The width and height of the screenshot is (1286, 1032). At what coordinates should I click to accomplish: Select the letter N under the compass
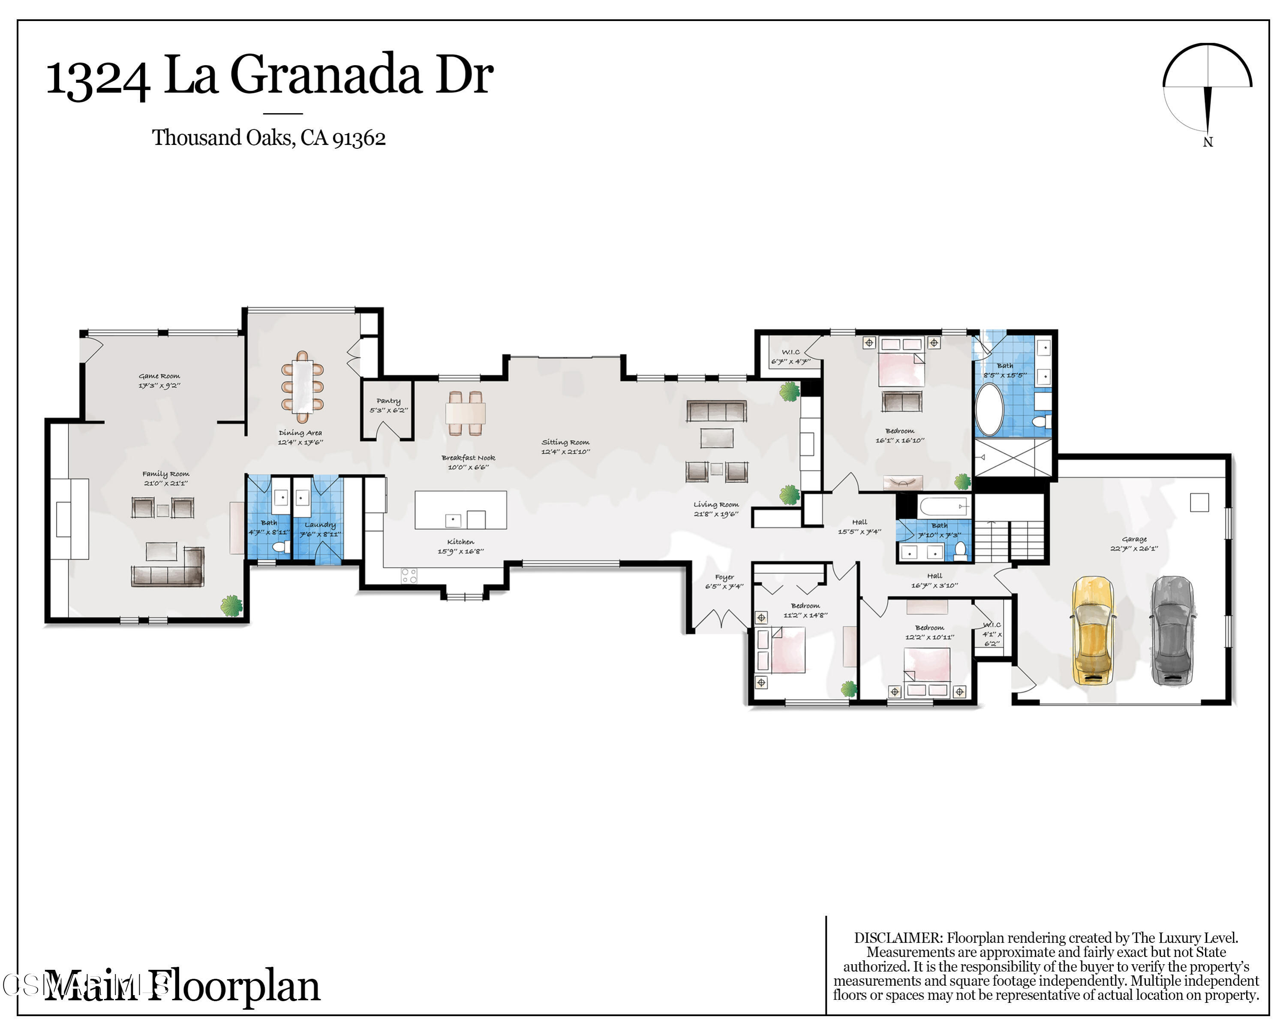(x=1208, y=142)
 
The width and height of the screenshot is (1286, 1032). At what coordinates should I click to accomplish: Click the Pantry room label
(x=388, y=401)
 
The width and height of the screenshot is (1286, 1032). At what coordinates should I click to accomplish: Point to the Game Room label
(x=159, y=376)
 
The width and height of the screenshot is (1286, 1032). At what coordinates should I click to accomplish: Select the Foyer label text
(x=724, y=577)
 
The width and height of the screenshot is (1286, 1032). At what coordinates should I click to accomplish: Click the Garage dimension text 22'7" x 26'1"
(x=1134, y=548)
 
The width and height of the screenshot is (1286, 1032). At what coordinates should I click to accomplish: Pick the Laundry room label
(x=320, y=525)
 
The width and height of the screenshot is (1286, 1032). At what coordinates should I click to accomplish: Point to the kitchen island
(x=460, y=510)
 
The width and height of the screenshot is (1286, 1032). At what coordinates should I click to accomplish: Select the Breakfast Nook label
(x=468, y=458)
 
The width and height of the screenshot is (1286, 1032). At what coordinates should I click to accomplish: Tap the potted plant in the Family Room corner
(x=231, y=605)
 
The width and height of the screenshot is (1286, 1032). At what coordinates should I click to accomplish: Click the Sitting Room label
(x=565, y=442)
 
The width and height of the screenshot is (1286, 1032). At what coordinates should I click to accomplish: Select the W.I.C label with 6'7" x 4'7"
(x=790, y=352)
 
